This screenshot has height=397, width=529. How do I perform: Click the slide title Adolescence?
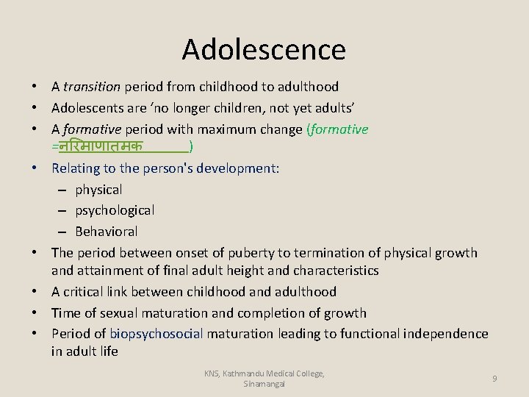(264, 49)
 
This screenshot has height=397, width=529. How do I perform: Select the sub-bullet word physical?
(98, 190)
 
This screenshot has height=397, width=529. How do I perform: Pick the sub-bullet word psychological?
(115, 210)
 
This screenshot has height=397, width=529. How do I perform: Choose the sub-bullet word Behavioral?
(107, 231)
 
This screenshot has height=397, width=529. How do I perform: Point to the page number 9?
(494, 378)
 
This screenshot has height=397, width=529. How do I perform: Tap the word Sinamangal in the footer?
(264, 384)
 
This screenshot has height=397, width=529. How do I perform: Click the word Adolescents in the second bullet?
(87, 108)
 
